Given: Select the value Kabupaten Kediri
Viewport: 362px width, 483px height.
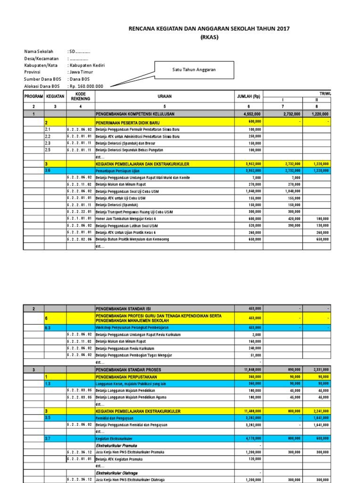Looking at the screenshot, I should click(87, 65).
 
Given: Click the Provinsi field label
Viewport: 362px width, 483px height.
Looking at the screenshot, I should click(33, 72).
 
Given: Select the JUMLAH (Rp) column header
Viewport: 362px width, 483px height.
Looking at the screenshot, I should click(249, 96).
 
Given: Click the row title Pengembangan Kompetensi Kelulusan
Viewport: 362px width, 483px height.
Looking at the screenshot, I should click(136, 114).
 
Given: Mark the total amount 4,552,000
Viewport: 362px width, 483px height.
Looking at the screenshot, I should click(251, 114).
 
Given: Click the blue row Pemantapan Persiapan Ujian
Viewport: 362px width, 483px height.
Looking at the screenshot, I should click(118, 170).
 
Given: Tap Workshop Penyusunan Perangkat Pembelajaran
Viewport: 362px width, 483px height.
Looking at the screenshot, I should click(132, 327).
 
